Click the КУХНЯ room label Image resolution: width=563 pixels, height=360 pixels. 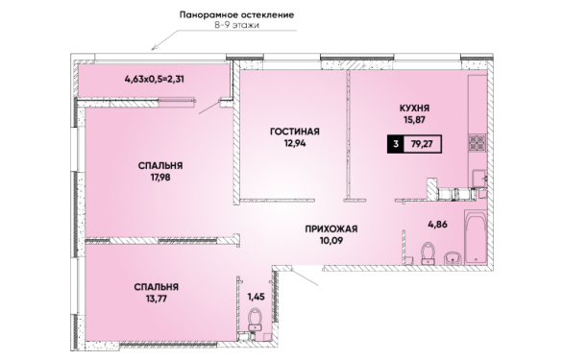(x=414, y=108)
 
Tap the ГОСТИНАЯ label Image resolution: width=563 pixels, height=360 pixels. (x=295, y=132)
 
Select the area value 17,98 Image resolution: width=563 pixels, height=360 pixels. (x=160, y=178)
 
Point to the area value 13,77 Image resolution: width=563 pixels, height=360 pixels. (x=157, y=299)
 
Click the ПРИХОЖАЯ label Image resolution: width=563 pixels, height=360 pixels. (x=331, y=229)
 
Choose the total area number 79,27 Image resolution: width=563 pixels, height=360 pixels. (x=422, y=144)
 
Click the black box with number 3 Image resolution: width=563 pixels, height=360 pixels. (x=396, y=144)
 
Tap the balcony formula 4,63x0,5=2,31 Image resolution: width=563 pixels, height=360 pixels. (x=155, y=79)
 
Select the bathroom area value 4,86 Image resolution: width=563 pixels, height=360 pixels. (x=438, y=225)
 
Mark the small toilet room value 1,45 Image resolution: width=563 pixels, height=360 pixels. (x=256, y=297)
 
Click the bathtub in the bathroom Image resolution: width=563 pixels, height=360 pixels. (x=476, y=238)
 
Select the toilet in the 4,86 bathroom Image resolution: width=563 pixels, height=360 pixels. (x=428, y=253)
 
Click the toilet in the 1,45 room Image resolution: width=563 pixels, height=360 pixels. (x=256, y=320)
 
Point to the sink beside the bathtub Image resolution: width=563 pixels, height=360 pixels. (x=453, y=258)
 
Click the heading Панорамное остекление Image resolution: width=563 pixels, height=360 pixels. (x=237, y=15)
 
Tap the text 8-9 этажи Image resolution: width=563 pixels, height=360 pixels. (x=237, y=26)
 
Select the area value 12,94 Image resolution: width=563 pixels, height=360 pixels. (x=295, y=144)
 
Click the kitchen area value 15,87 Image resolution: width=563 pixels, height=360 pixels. (x=414, y=120)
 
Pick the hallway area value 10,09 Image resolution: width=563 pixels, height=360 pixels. (x=331, y=241)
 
